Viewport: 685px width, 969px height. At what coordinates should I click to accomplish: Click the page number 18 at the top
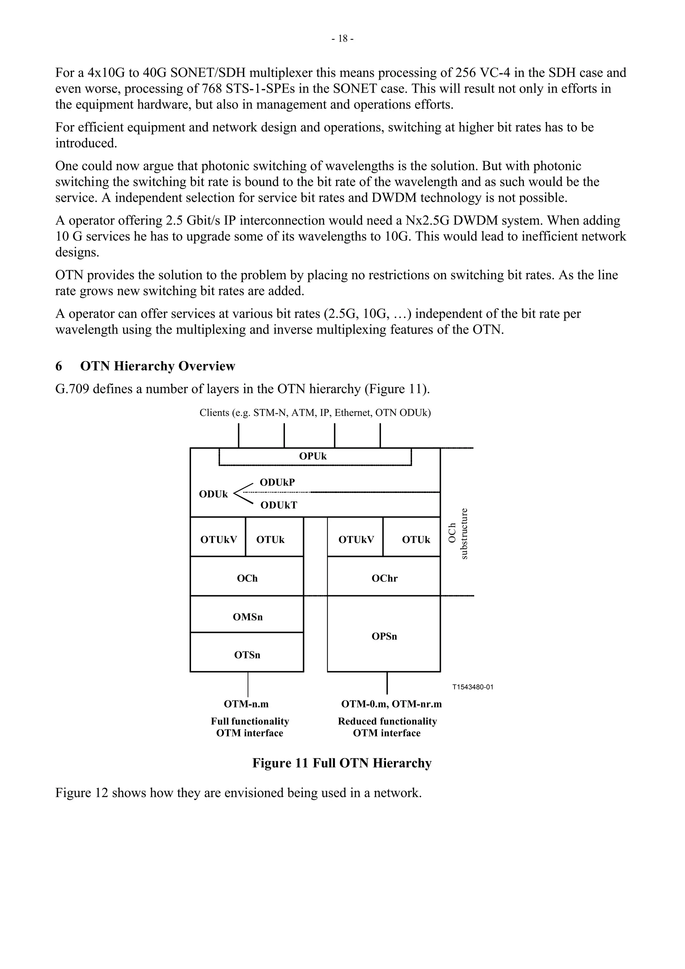coord(342,39)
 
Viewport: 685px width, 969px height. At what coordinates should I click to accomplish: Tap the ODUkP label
coord(277,482)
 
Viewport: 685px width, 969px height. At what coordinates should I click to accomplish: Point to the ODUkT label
coord(279,505)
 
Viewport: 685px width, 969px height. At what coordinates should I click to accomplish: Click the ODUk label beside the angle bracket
coord(213,494)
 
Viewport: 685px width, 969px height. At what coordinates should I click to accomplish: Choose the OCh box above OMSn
coord(247,578)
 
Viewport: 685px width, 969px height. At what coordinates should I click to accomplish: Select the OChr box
coord(384,578)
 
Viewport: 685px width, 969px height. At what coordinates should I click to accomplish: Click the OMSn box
coord(247,617)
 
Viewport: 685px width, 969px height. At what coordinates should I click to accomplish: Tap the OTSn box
coord(247,655)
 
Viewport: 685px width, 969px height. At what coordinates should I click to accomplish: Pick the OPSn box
coord(384,636)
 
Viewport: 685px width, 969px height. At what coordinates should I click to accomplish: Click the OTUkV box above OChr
coord(356,540)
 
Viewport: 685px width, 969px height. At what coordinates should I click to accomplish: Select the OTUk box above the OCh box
coord(271,540)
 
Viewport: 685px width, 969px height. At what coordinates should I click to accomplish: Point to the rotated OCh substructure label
coord(458,534)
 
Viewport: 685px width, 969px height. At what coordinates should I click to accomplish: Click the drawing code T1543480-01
coord(472,687)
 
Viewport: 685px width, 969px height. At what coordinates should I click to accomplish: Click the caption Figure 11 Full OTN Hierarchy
coord(342,763)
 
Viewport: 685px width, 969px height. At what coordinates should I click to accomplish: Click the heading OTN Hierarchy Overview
coord(158,366)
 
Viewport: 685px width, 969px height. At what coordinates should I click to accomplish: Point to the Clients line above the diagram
coord(315,412)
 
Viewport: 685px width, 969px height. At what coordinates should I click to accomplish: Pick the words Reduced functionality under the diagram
coord(387,721)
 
